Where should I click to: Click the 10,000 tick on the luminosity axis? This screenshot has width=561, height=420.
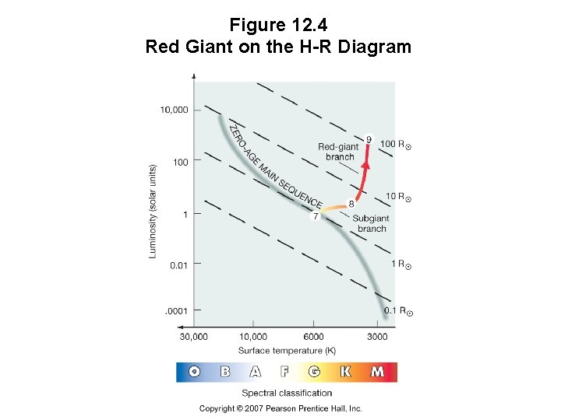175,110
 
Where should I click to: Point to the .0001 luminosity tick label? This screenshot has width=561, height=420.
176,311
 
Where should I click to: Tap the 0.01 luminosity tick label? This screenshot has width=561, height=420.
178,265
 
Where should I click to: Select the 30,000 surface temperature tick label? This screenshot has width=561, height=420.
194,337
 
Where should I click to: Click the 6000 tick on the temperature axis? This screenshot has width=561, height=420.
314,337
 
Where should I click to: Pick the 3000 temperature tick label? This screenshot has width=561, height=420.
377,337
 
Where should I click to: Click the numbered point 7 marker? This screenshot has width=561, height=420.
316,216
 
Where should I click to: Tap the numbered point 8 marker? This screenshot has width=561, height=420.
351,204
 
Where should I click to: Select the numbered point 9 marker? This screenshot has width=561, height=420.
369,139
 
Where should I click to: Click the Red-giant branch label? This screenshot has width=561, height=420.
338,152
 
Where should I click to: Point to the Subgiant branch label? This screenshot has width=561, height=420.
371,224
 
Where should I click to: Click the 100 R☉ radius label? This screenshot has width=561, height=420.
395,144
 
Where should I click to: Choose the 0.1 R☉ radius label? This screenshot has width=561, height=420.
398,311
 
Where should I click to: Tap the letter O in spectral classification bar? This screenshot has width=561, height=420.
195,372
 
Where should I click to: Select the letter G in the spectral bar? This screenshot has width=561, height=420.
314,372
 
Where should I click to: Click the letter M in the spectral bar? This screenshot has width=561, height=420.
377,372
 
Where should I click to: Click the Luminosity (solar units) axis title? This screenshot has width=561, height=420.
153,210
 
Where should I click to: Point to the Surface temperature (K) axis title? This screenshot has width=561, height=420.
287,351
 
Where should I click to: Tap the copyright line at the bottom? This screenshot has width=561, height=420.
280,408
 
